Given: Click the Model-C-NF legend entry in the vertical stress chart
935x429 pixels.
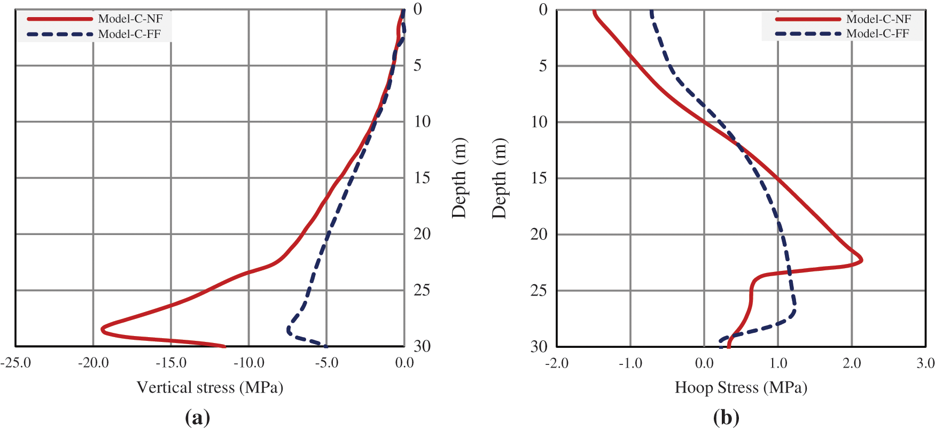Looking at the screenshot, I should click(x=130, y=19).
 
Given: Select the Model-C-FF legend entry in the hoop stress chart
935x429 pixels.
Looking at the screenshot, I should click(x=878, y=34).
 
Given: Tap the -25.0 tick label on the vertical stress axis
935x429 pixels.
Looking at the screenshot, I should click(x=16, y=363).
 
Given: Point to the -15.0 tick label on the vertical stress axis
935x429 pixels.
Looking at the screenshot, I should click(x=171, y=363).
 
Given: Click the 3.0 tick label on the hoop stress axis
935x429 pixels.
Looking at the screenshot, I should click(x=925, y=363).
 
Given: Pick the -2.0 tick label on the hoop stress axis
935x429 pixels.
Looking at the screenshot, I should click(x=557, y=363).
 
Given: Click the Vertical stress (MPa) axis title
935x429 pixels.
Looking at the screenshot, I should click(x=209, y=387).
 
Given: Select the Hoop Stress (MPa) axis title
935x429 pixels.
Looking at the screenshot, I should click(x=741, y=387).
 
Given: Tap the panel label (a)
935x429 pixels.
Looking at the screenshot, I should click(x=197, y=417).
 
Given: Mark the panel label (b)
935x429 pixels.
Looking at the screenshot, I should click(x=726, y=417).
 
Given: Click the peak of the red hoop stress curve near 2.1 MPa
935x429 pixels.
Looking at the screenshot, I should click(x=861, y=261).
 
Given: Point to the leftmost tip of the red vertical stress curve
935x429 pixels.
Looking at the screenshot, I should click(x=102, y=329).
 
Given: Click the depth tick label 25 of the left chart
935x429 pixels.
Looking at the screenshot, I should click(x=422, y=290).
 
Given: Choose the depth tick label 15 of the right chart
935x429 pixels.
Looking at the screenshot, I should click(x=539, y=178).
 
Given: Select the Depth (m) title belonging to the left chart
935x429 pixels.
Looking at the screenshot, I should click(x=459, y=178).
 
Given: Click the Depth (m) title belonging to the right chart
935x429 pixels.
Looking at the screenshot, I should click(x=499, y=178).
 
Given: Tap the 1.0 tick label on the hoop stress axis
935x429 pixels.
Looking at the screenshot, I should click(x=778, y=363).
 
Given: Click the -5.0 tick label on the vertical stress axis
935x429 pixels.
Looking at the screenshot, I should click(x=326, y=363).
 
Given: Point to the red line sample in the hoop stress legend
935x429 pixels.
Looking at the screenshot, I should click(x=807, y=19).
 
